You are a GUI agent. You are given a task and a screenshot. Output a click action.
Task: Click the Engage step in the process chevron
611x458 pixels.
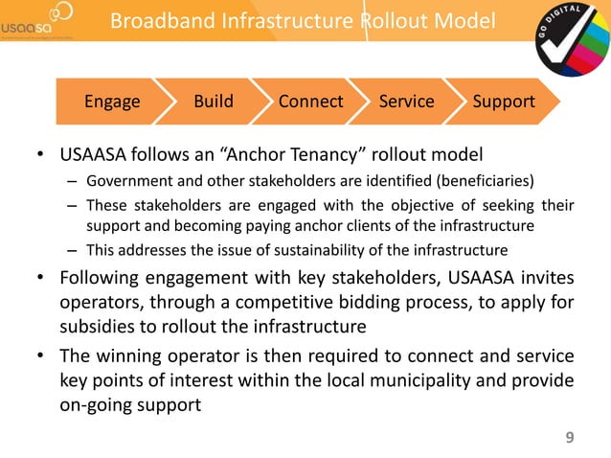pos(112,101)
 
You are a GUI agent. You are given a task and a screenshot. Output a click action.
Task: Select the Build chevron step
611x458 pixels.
pos(214,101)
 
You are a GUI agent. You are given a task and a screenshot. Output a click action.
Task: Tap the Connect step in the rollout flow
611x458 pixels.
pos(310,101)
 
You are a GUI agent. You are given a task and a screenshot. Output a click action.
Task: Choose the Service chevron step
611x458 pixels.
pos(406,101)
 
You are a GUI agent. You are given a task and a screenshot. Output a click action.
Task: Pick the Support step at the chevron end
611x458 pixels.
pos(504,101)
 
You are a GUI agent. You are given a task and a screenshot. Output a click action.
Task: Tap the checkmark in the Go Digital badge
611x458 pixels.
pos(572,43)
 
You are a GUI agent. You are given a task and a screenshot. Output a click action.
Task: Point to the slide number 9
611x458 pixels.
pos(570,439)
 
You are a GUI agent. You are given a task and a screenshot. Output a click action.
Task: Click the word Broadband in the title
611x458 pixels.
pos(157,21)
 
